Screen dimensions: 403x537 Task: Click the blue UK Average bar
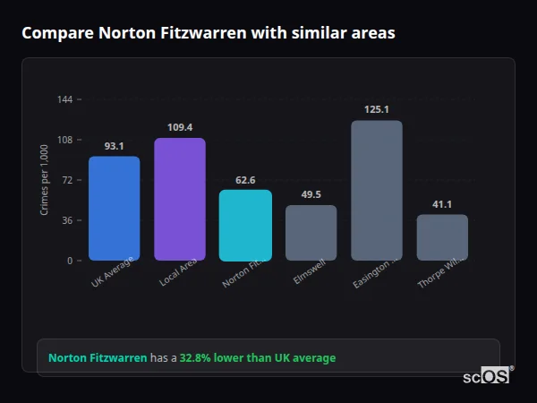coord(114,209)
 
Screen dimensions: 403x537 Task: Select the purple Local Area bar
coord(179,199)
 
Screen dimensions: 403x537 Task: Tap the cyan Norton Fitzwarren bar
coord(245,225)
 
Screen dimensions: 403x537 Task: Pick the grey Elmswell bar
coord(311,233)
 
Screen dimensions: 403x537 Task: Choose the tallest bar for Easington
coord(376,190)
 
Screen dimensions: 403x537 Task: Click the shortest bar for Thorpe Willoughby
coord(442,237)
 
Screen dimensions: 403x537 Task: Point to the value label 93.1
coord(114,146)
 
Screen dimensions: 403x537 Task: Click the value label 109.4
coord(180,127)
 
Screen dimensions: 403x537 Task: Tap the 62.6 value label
coord(245,179)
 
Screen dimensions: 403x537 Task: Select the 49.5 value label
coord(311,194)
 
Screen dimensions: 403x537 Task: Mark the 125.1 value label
coord(377,109)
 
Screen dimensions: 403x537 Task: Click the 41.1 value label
coord(442,204)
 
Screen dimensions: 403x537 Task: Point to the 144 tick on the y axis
coord(65,99)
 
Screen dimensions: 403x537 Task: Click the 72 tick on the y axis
coord(68,180)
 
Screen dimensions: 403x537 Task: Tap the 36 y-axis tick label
coord(68,220)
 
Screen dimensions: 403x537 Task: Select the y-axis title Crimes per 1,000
coord(45,180)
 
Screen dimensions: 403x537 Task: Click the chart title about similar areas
coord(209,32)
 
